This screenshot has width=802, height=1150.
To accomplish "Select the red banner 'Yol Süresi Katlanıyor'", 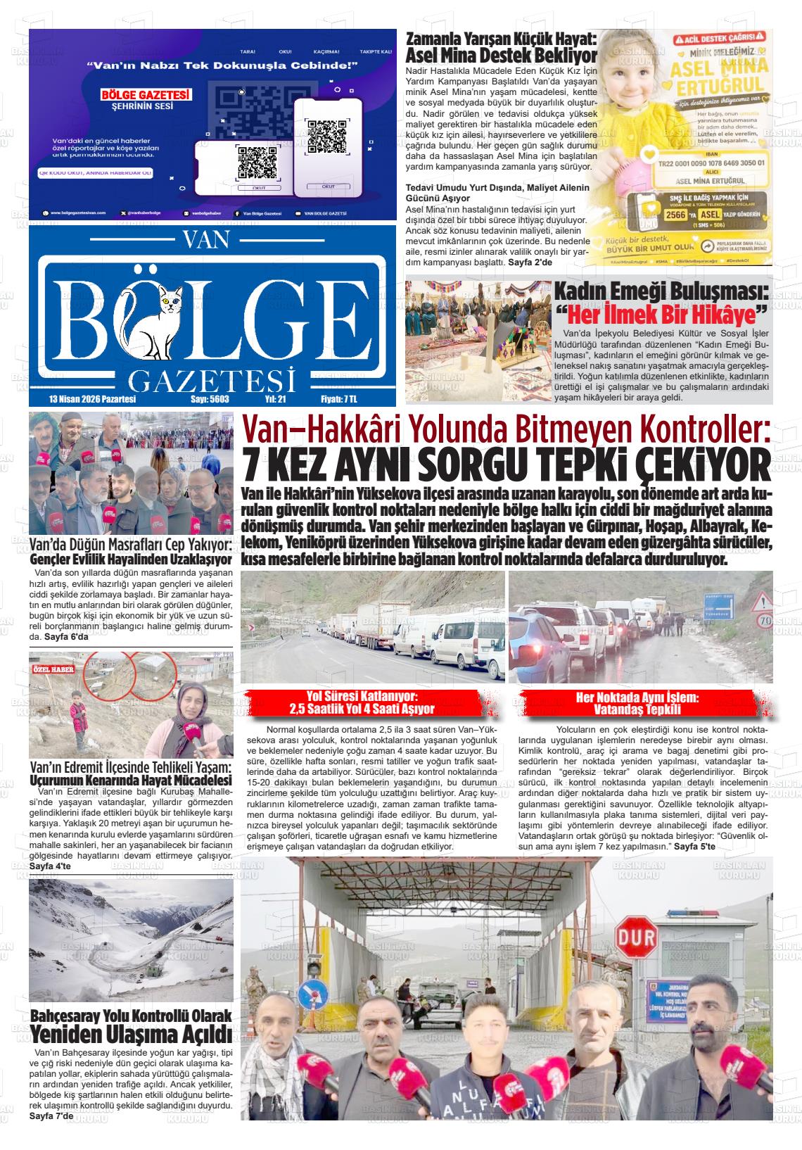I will pyautogui.click(x=372, y=702).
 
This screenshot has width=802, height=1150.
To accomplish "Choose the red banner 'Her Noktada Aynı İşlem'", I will pyautogui.click(x=637, y=702).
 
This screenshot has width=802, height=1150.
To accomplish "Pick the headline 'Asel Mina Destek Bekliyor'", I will pyautogui.click(x=502, y=56).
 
